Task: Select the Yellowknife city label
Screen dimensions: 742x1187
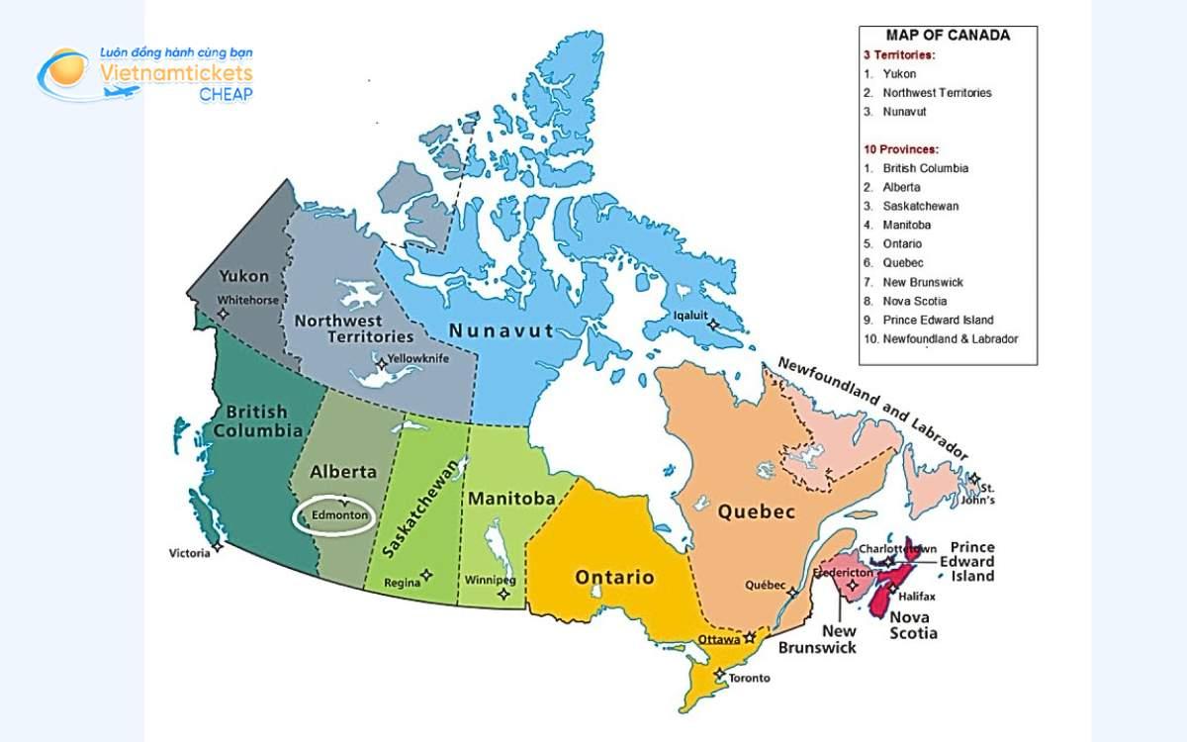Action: pos(415,358)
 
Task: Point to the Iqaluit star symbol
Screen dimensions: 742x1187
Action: pos(710,324)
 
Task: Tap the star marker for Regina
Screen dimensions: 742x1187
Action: pos(427,573)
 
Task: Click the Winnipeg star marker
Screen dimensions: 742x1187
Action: pos(504,595)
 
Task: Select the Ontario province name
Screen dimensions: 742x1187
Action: pos(614,577)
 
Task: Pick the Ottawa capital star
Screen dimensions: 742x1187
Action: pos(750,637)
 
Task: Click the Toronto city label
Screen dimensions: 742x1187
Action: pos(749,679)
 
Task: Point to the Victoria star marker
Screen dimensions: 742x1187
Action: pos(218,546)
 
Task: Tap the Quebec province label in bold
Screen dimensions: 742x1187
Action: pos(756,512)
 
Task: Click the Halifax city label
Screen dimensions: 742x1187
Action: pos(917,597)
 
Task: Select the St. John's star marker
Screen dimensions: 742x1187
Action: pos(974,479)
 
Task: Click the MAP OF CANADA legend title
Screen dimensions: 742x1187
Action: pos(948,36)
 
